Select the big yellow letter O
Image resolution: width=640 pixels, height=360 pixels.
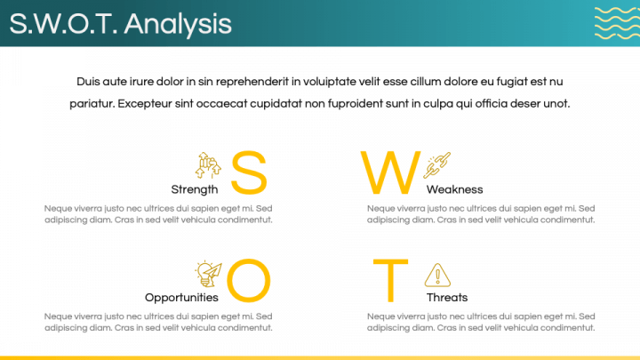tap(249, 280)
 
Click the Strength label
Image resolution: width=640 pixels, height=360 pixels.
tap(195, 190)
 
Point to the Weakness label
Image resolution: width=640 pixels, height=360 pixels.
tap(455, 190)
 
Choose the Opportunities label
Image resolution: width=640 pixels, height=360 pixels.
tap(181, 298)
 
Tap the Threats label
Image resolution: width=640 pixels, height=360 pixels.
tap(447, 298)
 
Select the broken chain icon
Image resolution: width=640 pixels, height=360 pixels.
tap(436, 165)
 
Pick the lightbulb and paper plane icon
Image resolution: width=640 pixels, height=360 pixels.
tap(209, 274)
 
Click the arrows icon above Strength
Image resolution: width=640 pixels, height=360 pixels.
tap(208, 165)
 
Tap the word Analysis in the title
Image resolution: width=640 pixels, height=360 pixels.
tap(178, 25)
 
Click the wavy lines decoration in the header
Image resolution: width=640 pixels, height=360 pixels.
tap(617, 23)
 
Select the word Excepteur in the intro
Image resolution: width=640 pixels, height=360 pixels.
tap(145, 104)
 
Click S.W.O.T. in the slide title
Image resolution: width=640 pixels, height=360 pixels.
tap(63, 24)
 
